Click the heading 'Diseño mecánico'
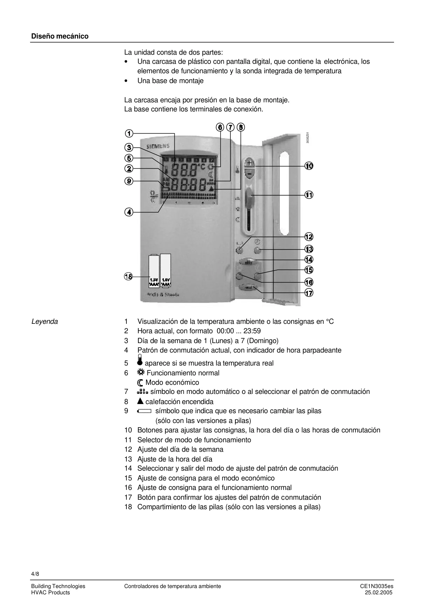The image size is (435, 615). pos(60,36)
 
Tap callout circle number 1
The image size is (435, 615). pos(129,134)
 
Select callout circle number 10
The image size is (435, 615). pos(309,166)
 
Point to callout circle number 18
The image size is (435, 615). pos(128,276)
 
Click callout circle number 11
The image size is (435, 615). pos(309,195)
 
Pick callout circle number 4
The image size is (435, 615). pos(129,212)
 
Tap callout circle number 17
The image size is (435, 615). pos(309,293)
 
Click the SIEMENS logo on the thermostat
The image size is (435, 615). pos(156,146)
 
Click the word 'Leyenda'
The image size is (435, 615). pos(44,322)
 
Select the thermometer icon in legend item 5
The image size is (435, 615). pos(140,361)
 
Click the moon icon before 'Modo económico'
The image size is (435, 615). pos(140,383)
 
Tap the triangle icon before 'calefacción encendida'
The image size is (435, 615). pos(140,402)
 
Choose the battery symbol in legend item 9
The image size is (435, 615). pos(144,411)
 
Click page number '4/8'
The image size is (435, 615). pos(35,574)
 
